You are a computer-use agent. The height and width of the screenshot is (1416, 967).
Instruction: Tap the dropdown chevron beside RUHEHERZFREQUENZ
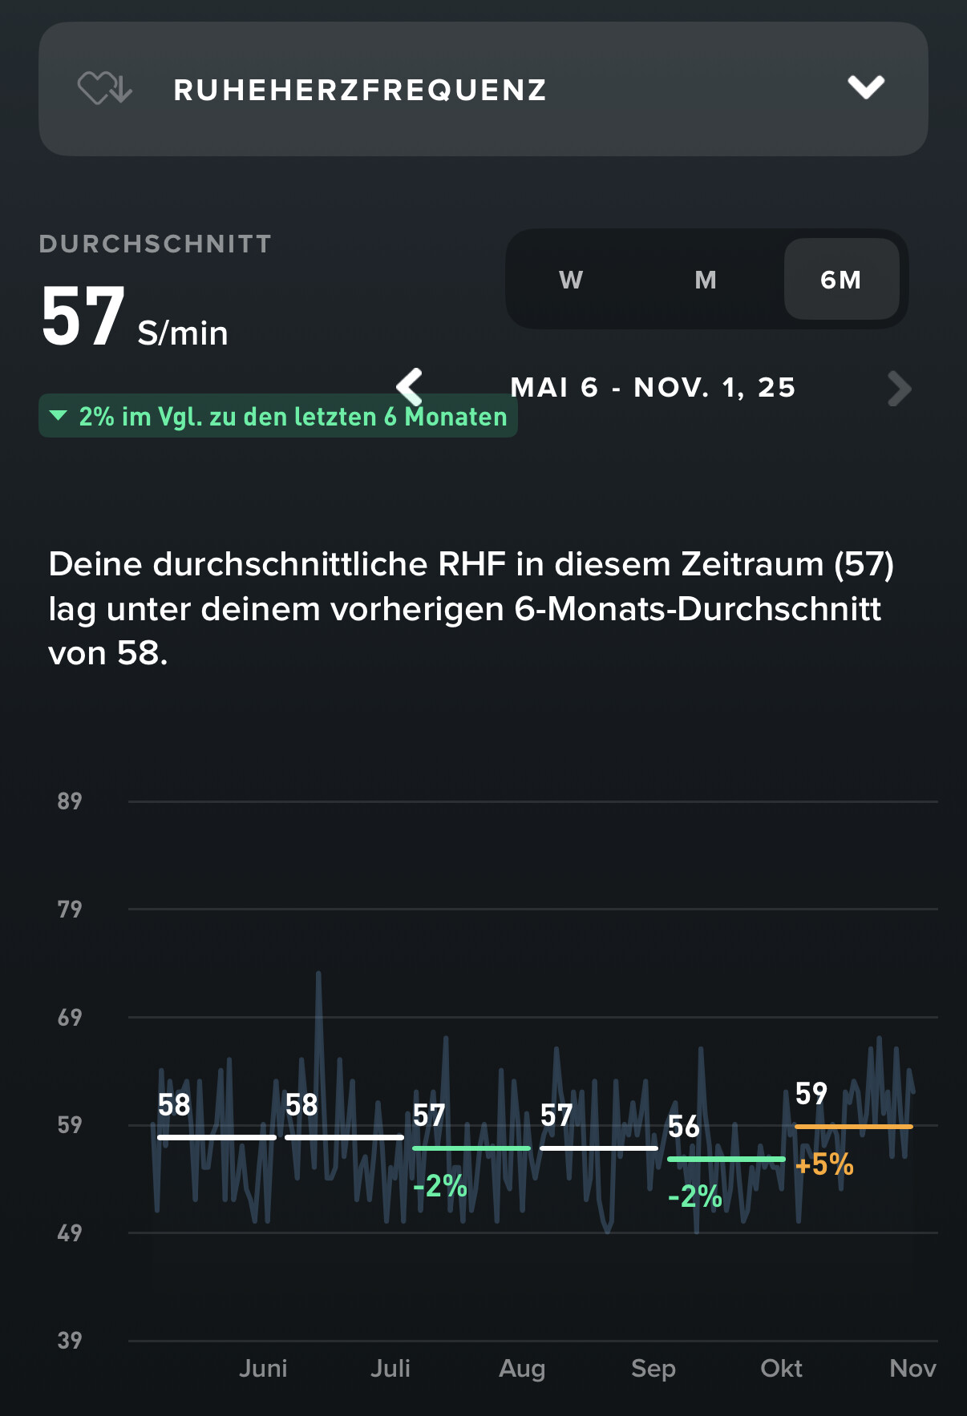(866, 87)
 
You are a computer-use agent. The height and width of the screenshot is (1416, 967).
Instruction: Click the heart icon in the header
(104, 88)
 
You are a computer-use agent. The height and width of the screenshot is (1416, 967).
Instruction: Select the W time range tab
(571, 280)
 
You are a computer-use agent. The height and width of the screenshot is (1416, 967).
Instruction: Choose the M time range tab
(706, 280)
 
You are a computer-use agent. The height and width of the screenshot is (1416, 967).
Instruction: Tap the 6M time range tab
(841, 280)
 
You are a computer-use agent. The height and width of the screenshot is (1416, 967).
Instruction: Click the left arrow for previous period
(410, 388)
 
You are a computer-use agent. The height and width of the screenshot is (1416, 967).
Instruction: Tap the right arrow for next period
(900, 389)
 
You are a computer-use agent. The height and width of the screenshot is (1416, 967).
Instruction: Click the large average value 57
(83, 318)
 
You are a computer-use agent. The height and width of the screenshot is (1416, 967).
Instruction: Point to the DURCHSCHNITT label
(156, 244)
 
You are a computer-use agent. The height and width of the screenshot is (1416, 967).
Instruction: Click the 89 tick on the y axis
(70, 801)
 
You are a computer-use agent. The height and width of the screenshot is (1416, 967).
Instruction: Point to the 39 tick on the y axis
(70, 1341)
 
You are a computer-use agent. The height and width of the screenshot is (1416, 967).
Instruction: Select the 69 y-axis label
(70, 1018)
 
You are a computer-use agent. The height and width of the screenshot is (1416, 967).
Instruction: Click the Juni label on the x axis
(263, 1368)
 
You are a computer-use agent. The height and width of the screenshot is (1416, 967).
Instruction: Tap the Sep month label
(653, 1368)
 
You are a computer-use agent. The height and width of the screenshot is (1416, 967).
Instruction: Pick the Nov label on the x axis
(912, 1368)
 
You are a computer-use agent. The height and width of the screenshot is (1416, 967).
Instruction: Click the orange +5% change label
(824, 1164)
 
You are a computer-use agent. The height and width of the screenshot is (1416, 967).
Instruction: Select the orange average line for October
(853, 1127)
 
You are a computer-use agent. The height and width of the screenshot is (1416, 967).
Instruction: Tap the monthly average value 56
(684, 1127)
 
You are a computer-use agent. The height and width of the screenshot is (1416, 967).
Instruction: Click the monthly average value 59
(811, 1093)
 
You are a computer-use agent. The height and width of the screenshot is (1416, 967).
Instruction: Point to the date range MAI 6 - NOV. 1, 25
(653, 388)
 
